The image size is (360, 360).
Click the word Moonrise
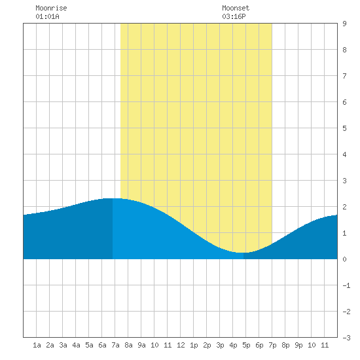point(51,8)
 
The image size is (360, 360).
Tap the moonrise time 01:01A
point(47,16)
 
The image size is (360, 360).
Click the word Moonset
point(236,8)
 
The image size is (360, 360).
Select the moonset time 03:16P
point(234,16)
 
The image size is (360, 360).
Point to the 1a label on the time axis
point(37,345)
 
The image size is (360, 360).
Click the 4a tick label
point(76,345)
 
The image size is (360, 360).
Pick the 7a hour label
point(115,345)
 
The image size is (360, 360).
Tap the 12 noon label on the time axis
point(181,345)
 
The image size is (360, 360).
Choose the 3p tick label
point(220,346)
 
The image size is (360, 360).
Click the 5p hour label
point(246,346)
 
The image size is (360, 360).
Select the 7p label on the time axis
point(272,346)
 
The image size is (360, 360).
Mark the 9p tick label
point(298,346)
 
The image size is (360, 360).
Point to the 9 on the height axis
point(344,24)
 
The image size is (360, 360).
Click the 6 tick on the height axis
point(344,102)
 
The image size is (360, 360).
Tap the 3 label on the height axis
point(344,181)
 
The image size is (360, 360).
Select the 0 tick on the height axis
point(344,259)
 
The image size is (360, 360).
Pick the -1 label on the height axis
point(346,285)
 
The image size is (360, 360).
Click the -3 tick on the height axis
point(346,338)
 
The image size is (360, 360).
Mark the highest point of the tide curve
point(113,198)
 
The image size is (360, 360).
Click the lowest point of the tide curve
point(243,253)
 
